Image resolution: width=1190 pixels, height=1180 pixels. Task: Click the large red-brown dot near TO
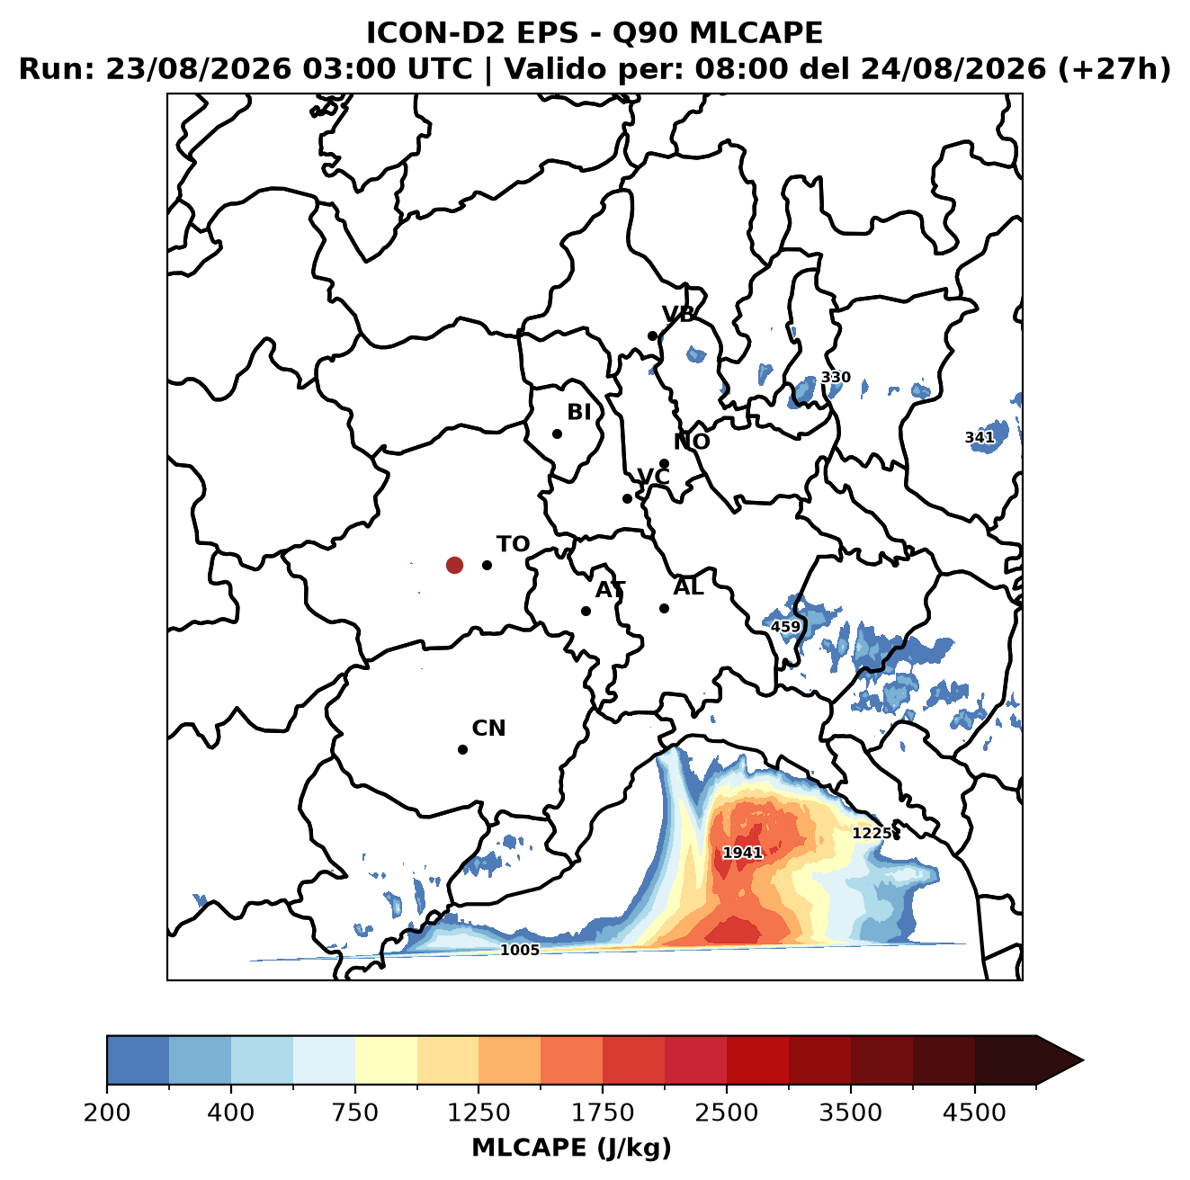tap(454, 565)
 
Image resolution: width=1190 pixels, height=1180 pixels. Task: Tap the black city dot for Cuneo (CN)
tap(462, 749)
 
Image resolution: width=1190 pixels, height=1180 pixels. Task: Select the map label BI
tap(578, 412)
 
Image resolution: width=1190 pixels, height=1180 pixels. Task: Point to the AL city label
tap(688, 587)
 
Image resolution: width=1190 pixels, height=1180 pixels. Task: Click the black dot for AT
tap(586, 612)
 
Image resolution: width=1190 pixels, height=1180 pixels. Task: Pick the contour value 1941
tap(742, 853)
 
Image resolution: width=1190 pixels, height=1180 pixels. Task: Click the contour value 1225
tap(872, 834)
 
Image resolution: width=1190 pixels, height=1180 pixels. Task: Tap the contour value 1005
tap(519, 950)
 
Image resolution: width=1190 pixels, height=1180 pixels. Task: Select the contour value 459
tap(785, 627)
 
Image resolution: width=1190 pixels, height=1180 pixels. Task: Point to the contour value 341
tap(980, 437)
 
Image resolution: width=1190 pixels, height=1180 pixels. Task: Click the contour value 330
tap(835, 377)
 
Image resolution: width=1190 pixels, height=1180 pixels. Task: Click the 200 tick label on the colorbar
tap(107, 1113)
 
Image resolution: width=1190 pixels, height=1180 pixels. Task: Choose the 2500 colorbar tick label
tap(726, 1113)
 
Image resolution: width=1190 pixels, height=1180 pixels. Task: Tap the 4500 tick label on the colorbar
tap(974, 1113)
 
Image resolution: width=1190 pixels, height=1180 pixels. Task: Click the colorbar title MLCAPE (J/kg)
tap(571, 1149)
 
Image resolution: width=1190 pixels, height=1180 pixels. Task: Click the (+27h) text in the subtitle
tap(1114, 69)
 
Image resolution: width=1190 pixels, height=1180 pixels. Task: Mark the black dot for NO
tap(664, 464)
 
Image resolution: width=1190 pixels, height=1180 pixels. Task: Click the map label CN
tap(488, 729)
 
